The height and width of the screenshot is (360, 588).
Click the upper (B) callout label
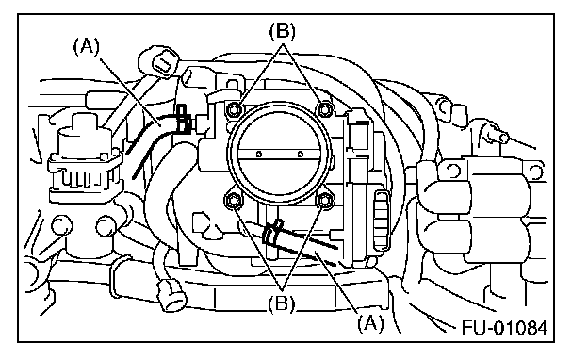tap(283, 31)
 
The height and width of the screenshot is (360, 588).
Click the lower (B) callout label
tap(282, 303)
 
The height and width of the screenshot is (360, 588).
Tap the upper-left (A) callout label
tap(87, 47)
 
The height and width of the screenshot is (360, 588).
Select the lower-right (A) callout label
tap(370, 323)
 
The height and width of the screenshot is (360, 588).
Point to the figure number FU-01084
tap(504, 327)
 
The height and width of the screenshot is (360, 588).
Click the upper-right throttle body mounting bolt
tap(324, 109)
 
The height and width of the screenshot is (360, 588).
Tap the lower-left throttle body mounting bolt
tap(233, 202)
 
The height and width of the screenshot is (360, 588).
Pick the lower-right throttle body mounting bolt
tap(324, 201)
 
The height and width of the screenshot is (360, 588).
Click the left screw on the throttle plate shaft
tap(258, 155)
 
